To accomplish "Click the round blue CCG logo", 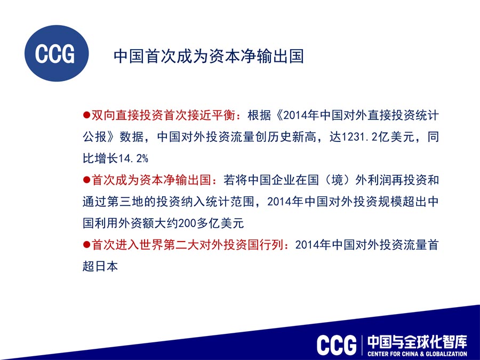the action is (57, 53).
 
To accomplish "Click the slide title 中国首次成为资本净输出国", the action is (209, 57).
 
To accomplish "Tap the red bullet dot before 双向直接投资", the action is (86, 115).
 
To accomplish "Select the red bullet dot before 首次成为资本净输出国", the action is (86, 180).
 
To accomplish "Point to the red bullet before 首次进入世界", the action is (86, 245).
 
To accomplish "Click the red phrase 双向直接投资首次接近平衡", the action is (164, 115).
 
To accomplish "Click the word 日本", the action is (107, 266).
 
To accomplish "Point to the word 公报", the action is (94, 137).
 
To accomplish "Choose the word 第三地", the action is (125, 202).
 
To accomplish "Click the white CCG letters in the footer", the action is (337, 345).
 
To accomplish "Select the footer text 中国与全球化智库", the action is (418, 342).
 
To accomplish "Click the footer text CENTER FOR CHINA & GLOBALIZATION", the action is (418, 354).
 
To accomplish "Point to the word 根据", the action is (260, 115).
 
